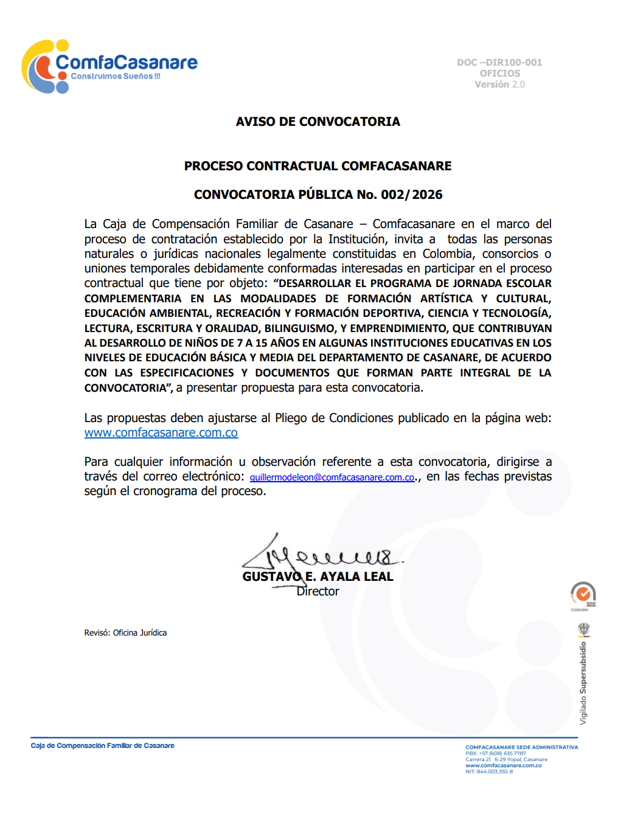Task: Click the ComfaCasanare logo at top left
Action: (x=109, y=66)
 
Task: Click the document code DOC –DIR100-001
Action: (x=499, y=63)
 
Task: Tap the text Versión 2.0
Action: (x=499, y=85)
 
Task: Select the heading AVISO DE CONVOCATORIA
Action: (x=318, y=122)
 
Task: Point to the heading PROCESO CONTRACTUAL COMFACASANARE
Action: (x=318, y=166)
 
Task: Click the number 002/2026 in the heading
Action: (x=412, y=195)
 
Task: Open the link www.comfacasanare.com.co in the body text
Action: (x=161, y=433)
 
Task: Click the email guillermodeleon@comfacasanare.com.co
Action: (x=332, y=477)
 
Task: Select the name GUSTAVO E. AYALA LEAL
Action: (x=318, y=577)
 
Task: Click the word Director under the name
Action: (x=318, y=592)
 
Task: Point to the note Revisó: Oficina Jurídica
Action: (x=125, y=633)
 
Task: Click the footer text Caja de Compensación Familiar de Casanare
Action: (x=103, y=746)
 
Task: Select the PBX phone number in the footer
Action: (x=496, y=754)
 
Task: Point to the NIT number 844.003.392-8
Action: (x=489, y=772)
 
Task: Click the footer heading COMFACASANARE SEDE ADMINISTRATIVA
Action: (x=521, y=747)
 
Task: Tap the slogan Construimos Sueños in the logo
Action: (x=116, y=77)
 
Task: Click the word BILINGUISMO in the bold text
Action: (x=299, y=328)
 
